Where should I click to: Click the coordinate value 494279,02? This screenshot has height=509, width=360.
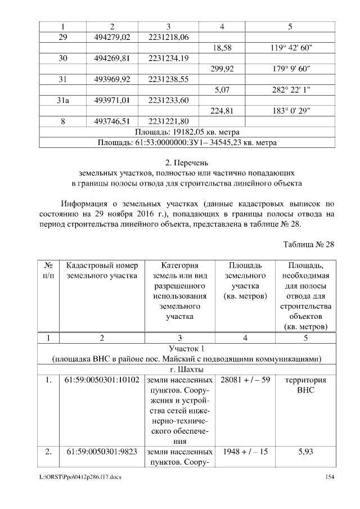point(112,37)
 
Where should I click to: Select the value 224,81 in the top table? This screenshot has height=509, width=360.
point(221,111)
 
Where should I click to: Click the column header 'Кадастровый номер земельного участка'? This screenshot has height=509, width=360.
point(101,270)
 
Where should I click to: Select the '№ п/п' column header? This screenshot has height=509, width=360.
point(48,270)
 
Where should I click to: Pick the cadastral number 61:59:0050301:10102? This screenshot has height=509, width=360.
point(101,380)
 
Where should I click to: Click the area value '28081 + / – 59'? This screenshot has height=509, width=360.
point(242,380)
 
